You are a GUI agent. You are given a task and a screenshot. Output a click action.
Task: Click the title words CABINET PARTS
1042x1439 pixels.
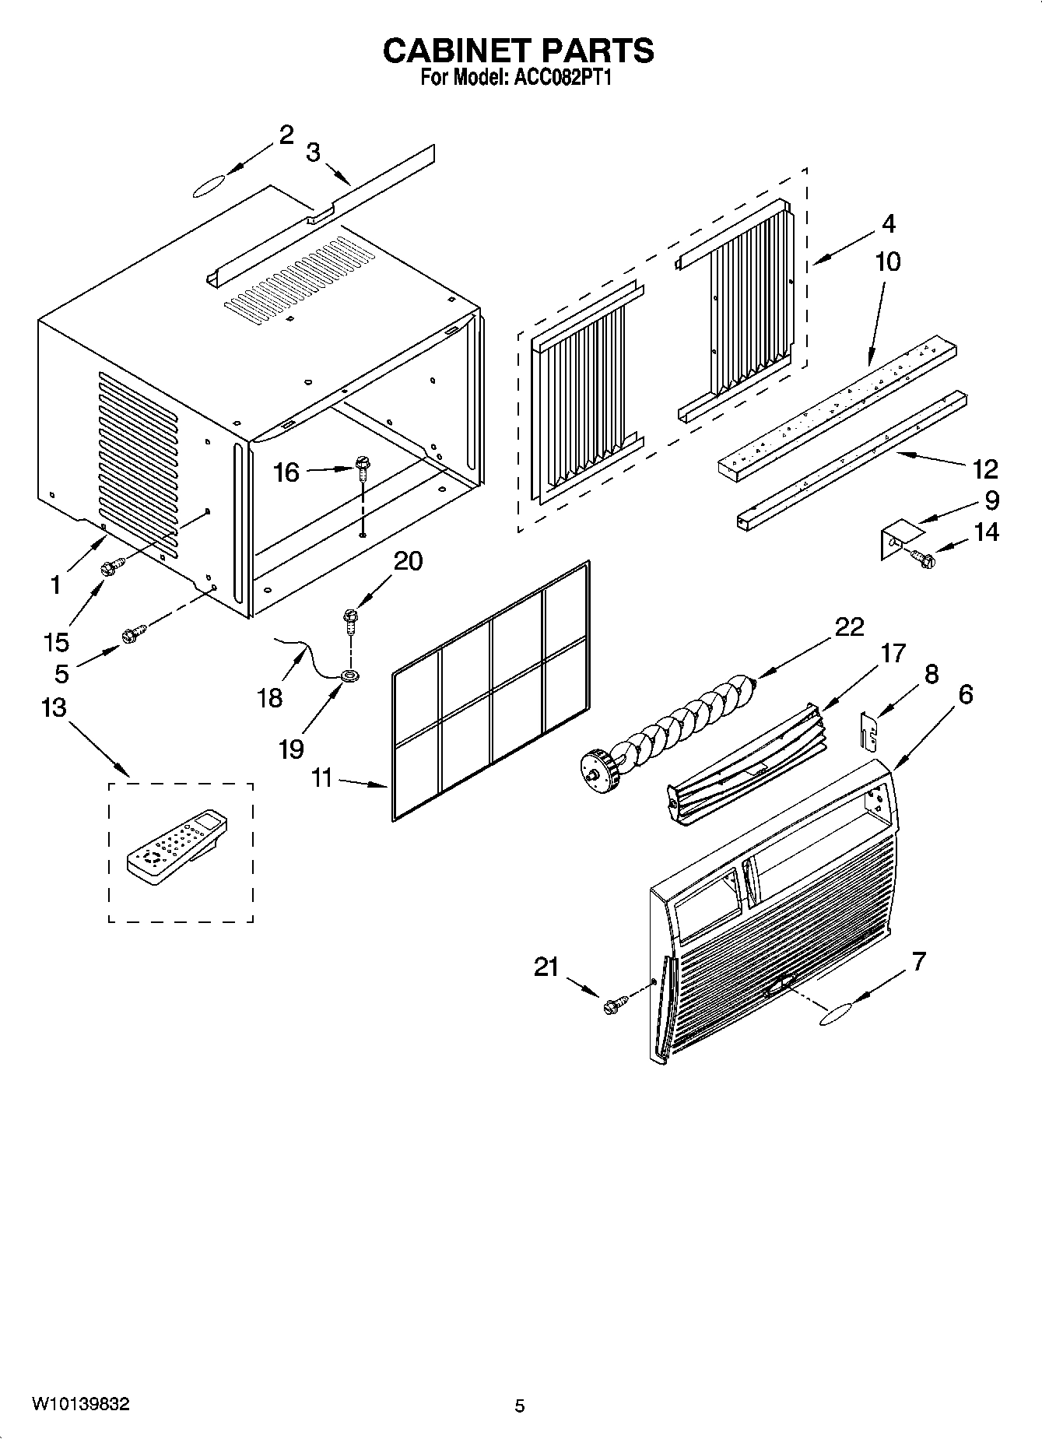point(518,51)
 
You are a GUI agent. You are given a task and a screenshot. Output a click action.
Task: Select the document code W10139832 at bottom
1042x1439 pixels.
point(80,1404)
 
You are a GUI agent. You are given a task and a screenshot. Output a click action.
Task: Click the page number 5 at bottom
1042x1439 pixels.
point(520,1406)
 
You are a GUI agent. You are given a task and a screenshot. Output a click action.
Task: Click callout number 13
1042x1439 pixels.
point(54,708)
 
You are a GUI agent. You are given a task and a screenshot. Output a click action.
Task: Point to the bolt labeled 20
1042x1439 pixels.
point(351,619)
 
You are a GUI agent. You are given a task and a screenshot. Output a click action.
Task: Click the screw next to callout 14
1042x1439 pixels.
point(923,558)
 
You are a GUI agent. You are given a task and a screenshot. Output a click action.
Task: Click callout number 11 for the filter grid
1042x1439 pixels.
point(321,777)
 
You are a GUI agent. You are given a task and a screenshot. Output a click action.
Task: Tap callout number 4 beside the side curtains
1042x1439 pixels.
point(888,224)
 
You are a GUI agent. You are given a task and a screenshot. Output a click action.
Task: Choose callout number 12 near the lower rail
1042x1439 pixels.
point(984,469)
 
